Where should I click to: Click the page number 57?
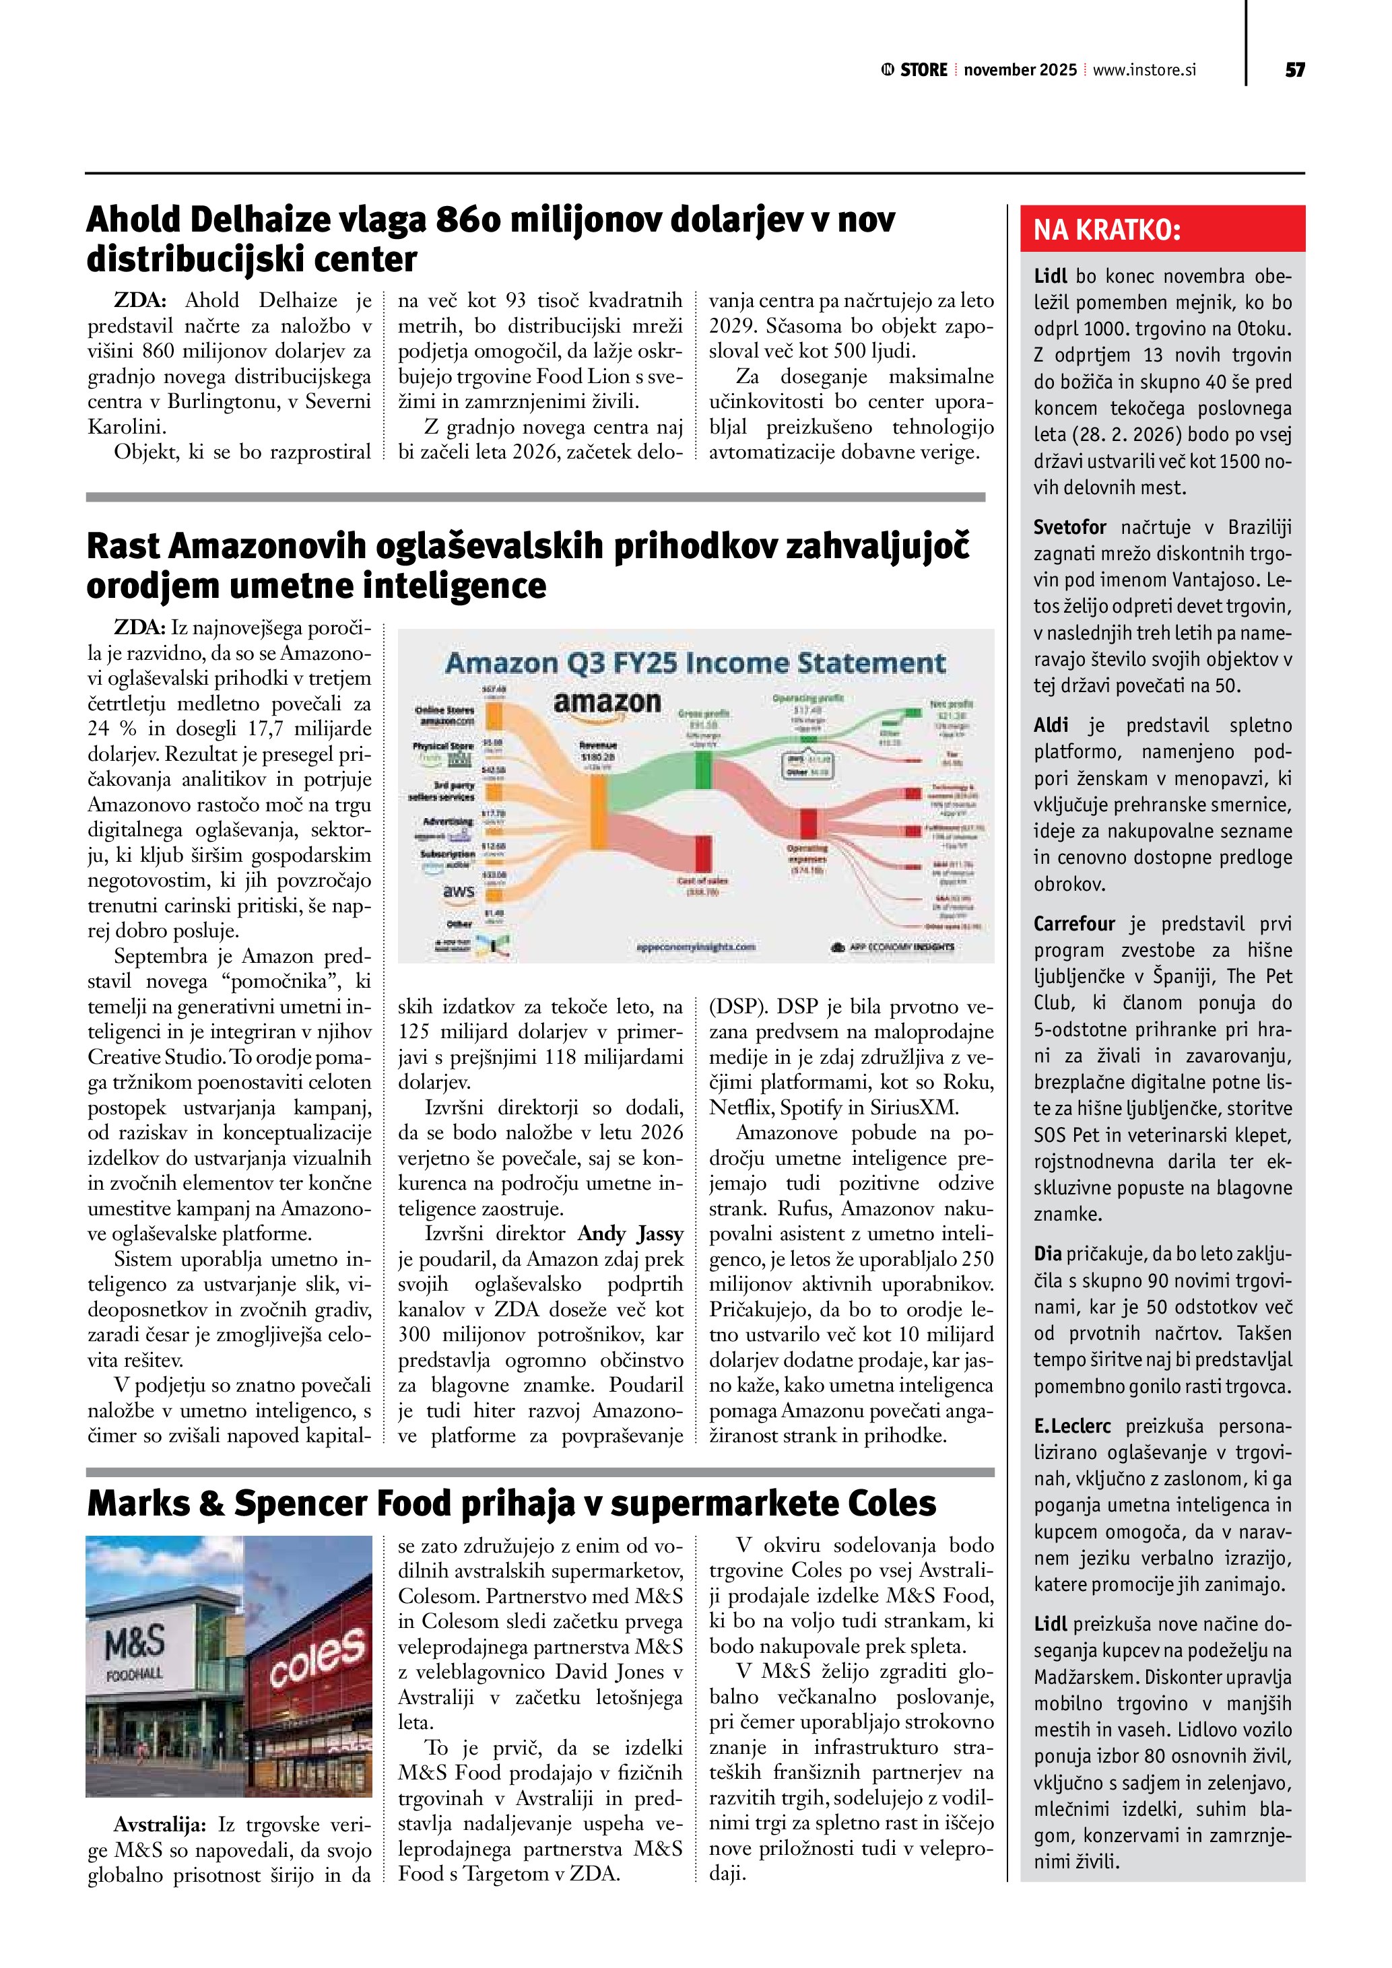pyautogui.click(x=1294, y=70)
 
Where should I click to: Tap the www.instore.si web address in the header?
pyautogui.click(x=1144, y=70)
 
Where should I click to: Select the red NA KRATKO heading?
pyautogui.click(x=1106, y=230)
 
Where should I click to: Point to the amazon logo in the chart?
pyautogui.click(x=607, y=703)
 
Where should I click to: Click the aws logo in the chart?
pyautogui.click(x=459, y=891)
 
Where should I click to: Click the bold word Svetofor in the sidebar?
pyautogui.click(x=1069, y=527)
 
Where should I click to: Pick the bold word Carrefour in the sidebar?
pyautogui.click(x=1074, y=923)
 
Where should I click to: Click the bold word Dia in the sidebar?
pyautogui.click(x=1047, y=1254)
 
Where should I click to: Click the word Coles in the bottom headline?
pyautogui.click(x=892, y=1503)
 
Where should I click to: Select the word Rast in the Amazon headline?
pyautogui.click(x=123, y=547)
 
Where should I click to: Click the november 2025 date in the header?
pyautogui.click(x=1020, y=70)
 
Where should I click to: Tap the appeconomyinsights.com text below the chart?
pyautogui.click(x=696, y=946)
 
